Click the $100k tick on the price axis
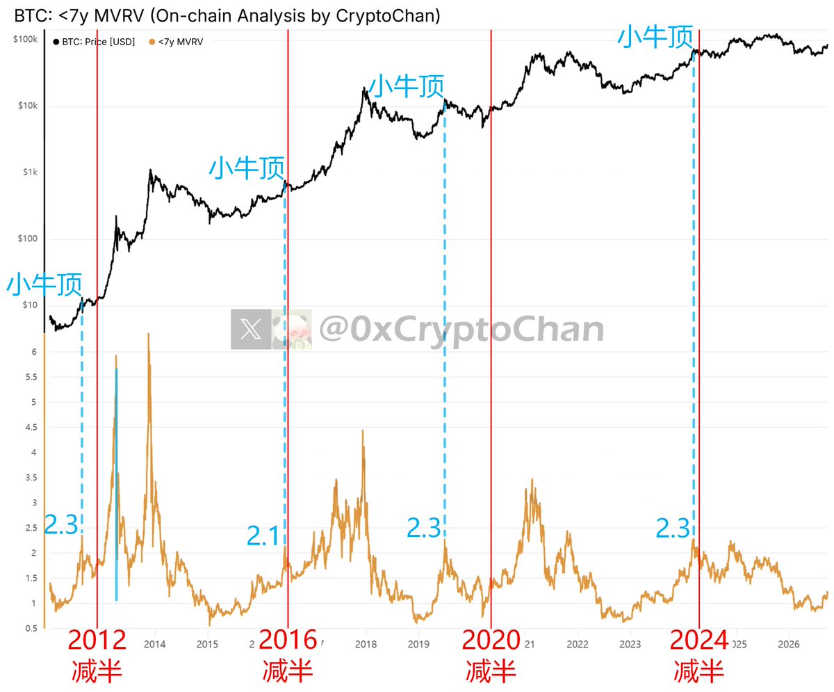pyautogui.click(x=25, y=39)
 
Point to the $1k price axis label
pyautogui.click(x=30, y=172)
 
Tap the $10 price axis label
pyautogui.click(x=30, y=305)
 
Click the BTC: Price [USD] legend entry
pyautogui.click(x=94, y=42)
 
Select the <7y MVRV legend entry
pyautogui.click(x=176, y=42)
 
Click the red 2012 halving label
pyautogui.click(x=97, y=640)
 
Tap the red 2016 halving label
pyautogui.click(x=288, y=640)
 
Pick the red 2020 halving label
pyautogui.click(x=491, y=640)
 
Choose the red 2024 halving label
pyautogui.click(x=698, y=640)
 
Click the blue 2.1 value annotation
pyautogui.click(x=263, y=536)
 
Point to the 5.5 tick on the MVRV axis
pyautogui.click(x=31, y=377)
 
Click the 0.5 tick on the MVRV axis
pyautogui.click(x=31, y=628)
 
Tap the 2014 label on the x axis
pyautogui.click(x=154, y=644)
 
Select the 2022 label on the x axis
pyautogui.click(x=578, y=644)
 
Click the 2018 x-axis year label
pyautogui.click(x=366, y=644)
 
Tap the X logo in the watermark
pyautogui.click(x=251, y=329)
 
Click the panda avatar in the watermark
pyautogui.click(x=292, y=329)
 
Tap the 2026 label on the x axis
pyautogui.click(x=789, y=644)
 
